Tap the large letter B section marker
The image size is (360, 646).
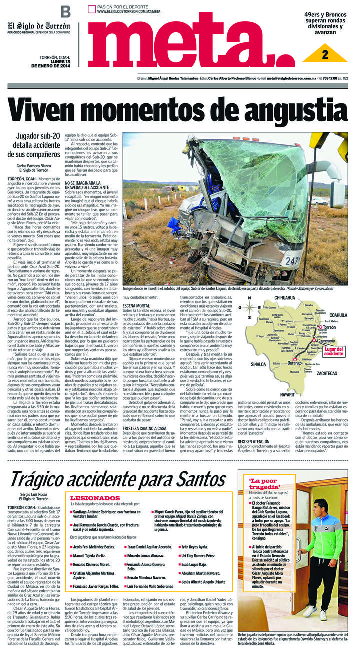[65, 12]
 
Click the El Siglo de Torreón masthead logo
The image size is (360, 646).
[38, 26]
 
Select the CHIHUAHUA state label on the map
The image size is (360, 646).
[289, 298]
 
